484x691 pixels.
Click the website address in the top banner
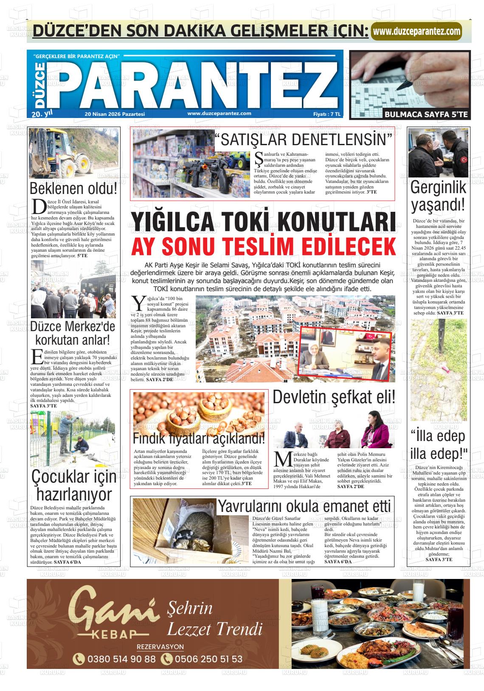[416, 31]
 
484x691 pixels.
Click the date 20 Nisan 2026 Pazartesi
[115, 114]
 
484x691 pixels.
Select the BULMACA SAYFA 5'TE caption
[426, 114]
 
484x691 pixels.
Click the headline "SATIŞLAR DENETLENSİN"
[305, 140]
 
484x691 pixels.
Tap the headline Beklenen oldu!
[73, 188]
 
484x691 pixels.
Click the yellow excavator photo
[73, 153]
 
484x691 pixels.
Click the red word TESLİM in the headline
[266, 246]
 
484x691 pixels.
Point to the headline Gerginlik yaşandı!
[438, 196]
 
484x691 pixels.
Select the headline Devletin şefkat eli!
[334, 397]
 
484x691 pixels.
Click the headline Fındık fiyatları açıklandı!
[199, 438]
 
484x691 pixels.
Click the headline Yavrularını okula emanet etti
[304, 506]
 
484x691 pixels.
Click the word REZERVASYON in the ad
[160, 647]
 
